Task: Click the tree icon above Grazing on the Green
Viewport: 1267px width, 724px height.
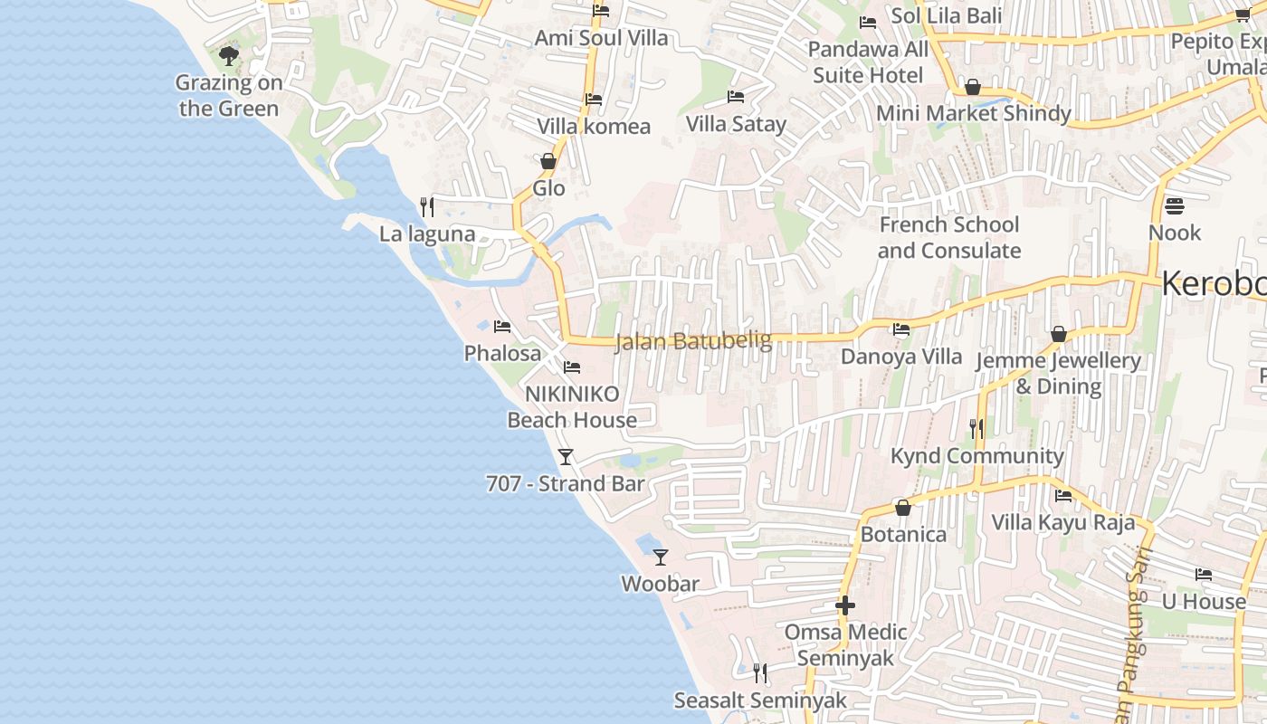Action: pos(229,56)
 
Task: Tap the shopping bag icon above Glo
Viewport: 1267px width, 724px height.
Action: pos(548,162)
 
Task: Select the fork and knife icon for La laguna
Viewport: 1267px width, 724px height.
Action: pos(427,207)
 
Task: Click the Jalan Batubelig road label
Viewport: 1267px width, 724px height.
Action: pos(693,341)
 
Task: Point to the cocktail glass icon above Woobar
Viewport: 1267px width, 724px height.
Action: pos(661,557)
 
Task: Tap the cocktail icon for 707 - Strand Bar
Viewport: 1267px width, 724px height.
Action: pos(566,457)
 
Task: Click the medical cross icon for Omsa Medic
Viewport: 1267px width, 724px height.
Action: pos(845,605)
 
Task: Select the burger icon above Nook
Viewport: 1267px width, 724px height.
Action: pos(1175,206)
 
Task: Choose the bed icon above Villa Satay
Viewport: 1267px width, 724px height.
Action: pos(736,97)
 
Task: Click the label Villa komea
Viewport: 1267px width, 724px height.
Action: pos(594,126)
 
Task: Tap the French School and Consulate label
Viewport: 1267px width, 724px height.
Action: pos(949,237)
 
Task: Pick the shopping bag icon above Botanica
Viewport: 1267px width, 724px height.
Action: pos(902,508)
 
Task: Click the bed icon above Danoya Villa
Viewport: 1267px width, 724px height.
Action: pos(901,329)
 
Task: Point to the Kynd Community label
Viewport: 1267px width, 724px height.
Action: pos(977,455)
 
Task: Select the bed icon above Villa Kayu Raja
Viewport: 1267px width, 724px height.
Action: pos(1063,496)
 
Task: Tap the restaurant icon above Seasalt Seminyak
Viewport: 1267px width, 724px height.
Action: pos(760,673)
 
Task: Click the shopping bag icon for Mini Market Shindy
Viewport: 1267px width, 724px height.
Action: pos(973,87)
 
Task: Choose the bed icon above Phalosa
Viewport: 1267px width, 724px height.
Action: pos(502,327)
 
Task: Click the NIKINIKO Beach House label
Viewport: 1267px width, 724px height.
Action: pos(572,406)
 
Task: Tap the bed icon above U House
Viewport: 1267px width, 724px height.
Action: pos(1204,575)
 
